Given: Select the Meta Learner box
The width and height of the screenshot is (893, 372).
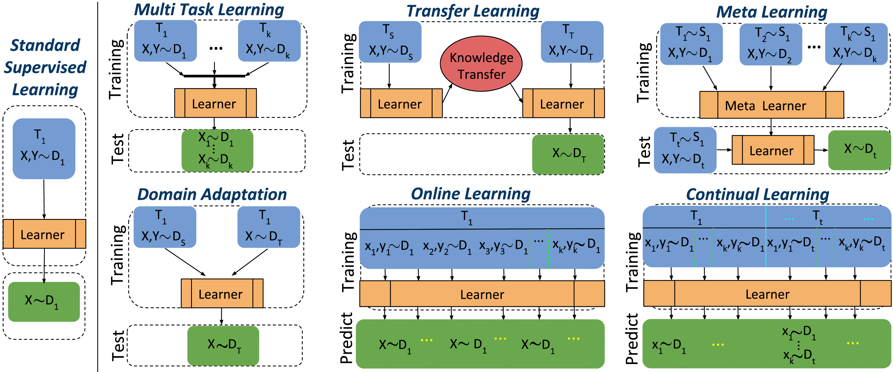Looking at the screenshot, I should click(x=771, y=105).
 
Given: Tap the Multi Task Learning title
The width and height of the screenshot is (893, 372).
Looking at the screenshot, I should click(x=209, y=10).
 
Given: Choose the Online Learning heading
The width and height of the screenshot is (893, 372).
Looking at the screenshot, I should click(x=470, y=194).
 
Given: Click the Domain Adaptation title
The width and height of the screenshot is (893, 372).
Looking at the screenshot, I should click(x=212, y=194).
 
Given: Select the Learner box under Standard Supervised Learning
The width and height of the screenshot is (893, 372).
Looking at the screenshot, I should click(x=44, y=234).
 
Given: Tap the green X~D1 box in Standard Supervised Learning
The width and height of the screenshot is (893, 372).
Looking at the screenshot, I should click(x=44, y=302).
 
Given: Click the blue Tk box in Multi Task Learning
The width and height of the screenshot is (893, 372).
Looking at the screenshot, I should click(x=269, y=40).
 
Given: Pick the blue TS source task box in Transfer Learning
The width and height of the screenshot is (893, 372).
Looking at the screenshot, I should click(x=390, y=42).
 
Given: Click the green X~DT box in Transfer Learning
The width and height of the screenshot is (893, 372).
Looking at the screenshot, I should click(x=568, y=154).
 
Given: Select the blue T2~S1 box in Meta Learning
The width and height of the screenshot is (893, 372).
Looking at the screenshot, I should click(x=771, y=44).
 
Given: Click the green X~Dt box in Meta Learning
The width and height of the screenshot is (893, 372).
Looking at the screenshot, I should click(x=859, y=150).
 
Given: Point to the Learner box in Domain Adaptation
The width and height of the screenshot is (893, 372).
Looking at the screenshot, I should click(x=222, y=294).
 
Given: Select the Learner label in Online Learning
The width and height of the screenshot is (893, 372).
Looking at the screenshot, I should click(x=482, y=294).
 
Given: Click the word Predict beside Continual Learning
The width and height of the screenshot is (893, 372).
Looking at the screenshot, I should click(x=632, y=339).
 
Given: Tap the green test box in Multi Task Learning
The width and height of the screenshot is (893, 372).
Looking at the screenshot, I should click(x=217, y=151).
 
